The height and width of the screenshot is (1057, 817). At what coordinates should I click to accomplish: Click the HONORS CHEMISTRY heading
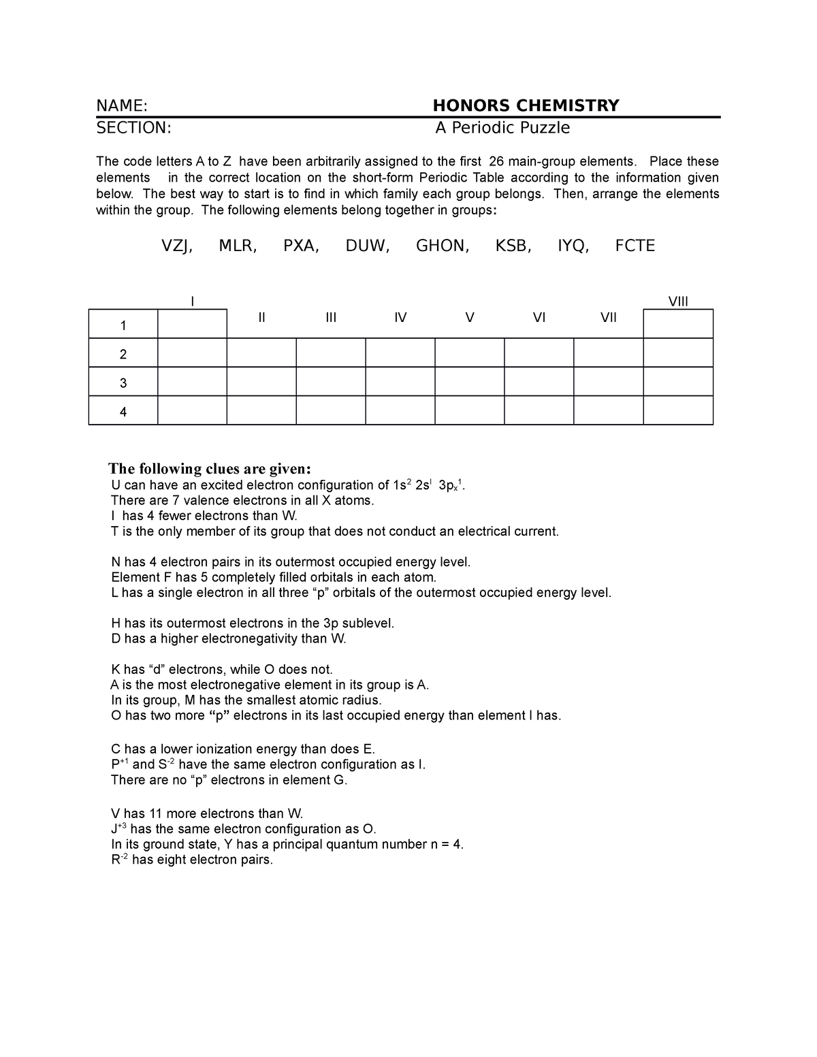coord(526,105)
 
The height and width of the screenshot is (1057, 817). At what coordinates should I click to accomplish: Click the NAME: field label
coord(122,106)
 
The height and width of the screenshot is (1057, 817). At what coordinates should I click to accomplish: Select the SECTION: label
coord(133,128)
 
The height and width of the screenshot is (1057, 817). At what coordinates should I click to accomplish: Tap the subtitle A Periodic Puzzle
coord(502,128)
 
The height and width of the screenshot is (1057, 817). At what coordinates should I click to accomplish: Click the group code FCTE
coord(635,246)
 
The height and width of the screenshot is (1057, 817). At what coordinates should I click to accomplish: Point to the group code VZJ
coord(176,246)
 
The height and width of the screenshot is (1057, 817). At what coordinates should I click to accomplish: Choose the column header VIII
coord(678,302)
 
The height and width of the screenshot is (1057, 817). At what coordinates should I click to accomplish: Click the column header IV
coord(400,317)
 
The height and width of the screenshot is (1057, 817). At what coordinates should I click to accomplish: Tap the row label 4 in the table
coord(123,412)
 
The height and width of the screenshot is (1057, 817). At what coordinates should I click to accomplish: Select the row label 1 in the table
coord(123,326)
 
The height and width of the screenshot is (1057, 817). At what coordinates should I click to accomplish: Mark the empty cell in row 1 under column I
coord(192,324)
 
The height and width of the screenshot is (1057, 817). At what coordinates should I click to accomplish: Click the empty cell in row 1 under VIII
coord(678,324)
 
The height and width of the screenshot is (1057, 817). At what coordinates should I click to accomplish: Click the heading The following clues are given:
coord(210,469)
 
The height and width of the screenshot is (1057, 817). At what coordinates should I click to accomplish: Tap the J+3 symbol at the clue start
coord(118,829)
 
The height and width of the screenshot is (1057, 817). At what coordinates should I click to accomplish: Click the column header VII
coord(608,317)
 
